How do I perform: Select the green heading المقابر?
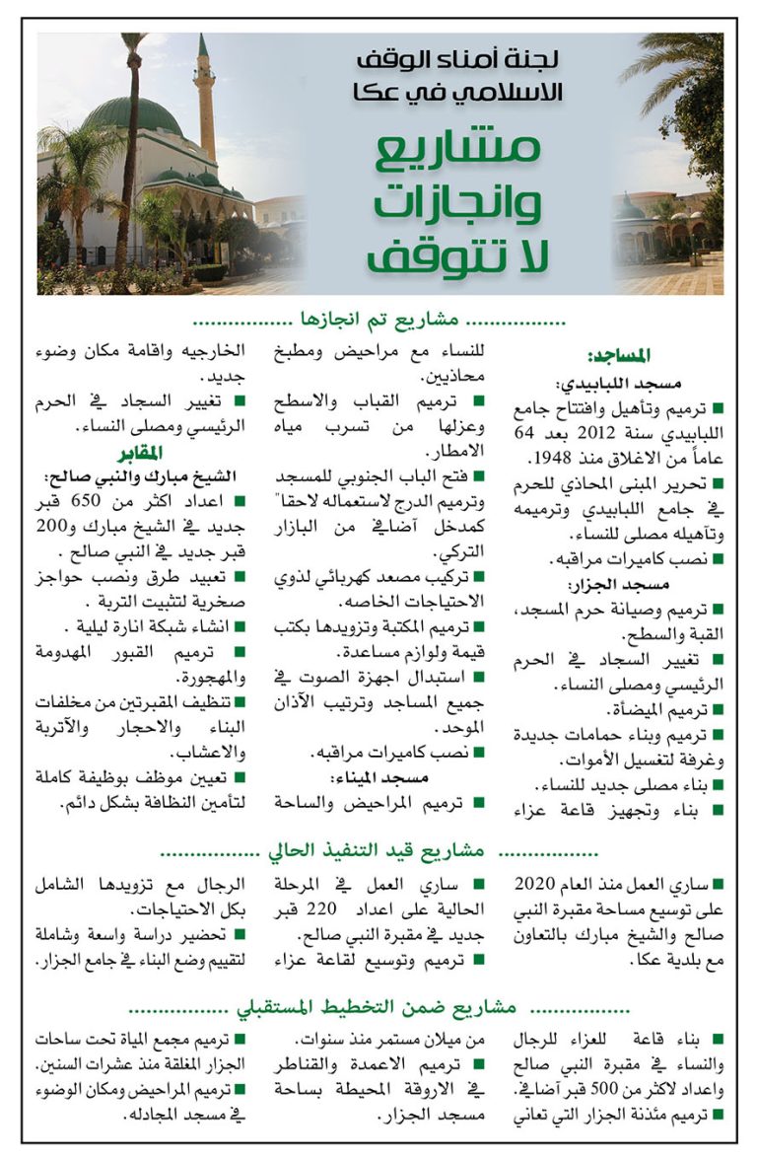(x=145, y=454)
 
